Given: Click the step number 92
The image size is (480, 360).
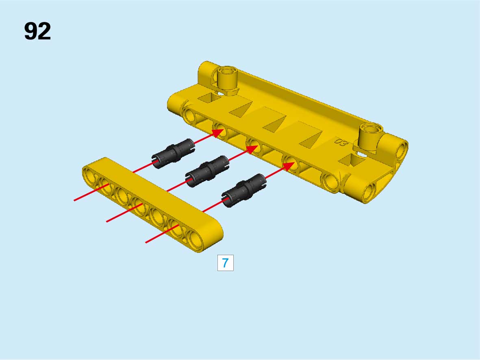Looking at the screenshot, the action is pos(37,31).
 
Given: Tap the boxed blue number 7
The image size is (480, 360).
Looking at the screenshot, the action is pos(225,262).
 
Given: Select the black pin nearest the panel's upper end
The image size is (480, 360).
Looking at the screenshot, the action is pos(173,154).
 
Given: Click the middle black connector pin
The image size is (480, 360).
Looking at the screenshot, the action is pos(207,171).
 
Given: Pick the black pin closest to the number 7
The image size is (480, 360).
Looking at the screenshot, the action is pos(244,191).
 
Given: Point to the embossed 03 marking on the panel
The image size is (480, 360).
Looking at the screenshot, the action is pos(341,142).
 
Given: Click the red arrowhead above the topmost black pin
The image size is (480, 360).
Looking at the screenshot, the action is pos(218,133).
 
